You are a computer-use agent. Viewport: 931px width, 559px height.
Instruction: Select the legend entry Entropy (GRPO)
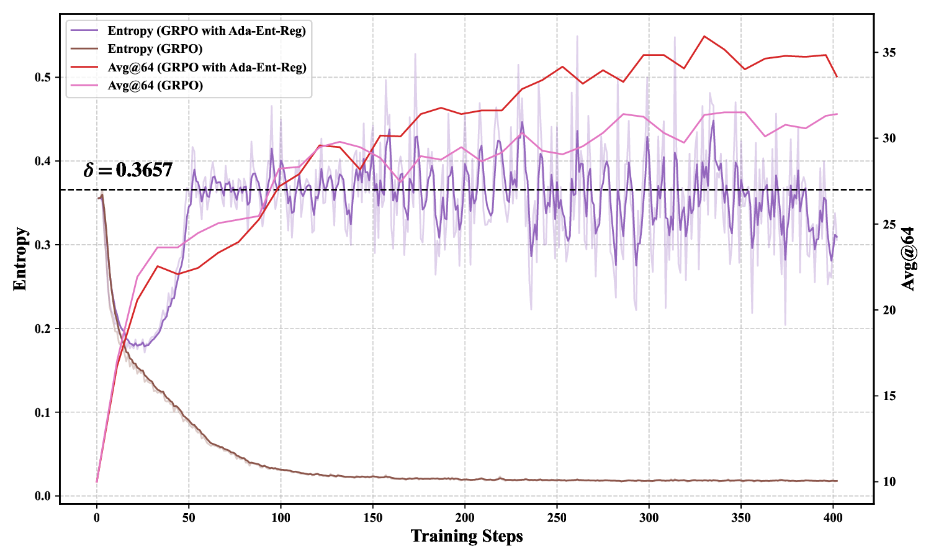click(x=155, y=48)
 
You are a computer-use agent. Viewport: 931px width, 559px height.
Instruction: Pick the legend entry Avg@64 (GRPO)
click(x=155, y=85)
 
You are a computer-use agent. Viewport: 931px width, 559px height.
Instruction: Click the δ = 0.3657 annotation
click(x=128, y=170)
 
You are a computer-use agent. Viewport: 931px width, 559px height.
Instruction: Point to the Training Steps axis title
click(x=467, y=536)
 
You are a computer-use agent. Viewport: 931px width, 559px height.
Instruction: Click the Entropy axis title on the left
click(x=20, y=259)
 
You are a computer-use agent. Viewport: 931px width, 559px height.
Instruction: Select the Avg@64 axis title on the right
click(x=908, y=259)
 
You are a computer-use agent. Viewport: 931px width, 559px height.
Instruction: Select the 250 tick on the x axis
click(x=557, y=517)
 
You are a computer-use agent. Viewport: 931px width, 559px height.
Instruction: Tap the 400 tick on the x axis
click(x=833, y=517)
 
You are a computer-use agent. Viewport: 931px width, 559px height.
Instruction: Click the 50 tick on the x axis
click(x=189, y=517)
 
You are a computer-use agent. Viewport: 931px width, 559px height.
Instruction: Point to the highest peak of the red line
click(x=704, y=36)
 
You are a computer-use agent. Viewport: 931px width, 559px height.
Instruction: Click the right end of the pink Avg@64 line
click(x=837, y=114)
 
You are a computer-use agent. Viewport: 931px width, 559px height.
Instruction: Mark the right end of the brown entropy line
click(x=837, y=481)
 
